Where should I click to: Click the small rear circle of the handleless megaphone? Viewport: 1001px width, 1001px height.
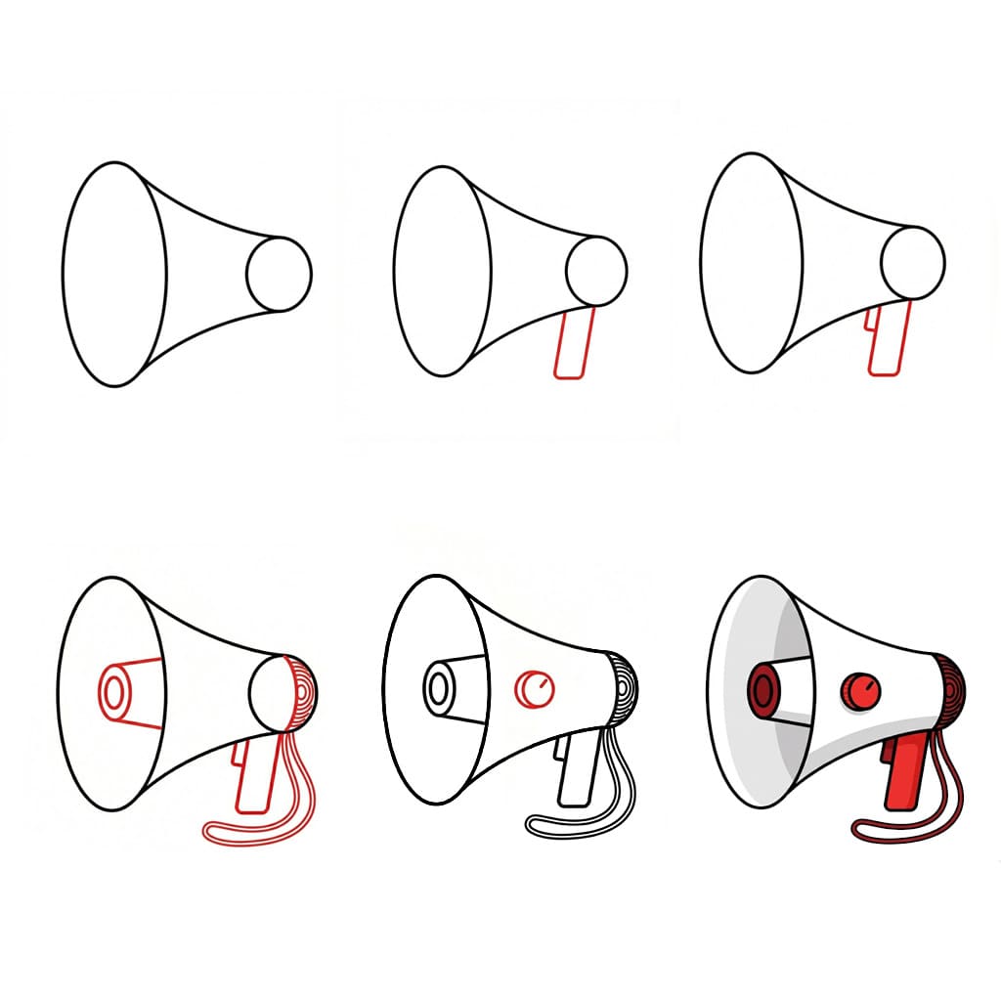click(x=279, y=274)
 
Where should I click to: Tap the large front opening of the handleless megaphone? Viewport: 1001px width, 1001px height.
click(x=113, y=274)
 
